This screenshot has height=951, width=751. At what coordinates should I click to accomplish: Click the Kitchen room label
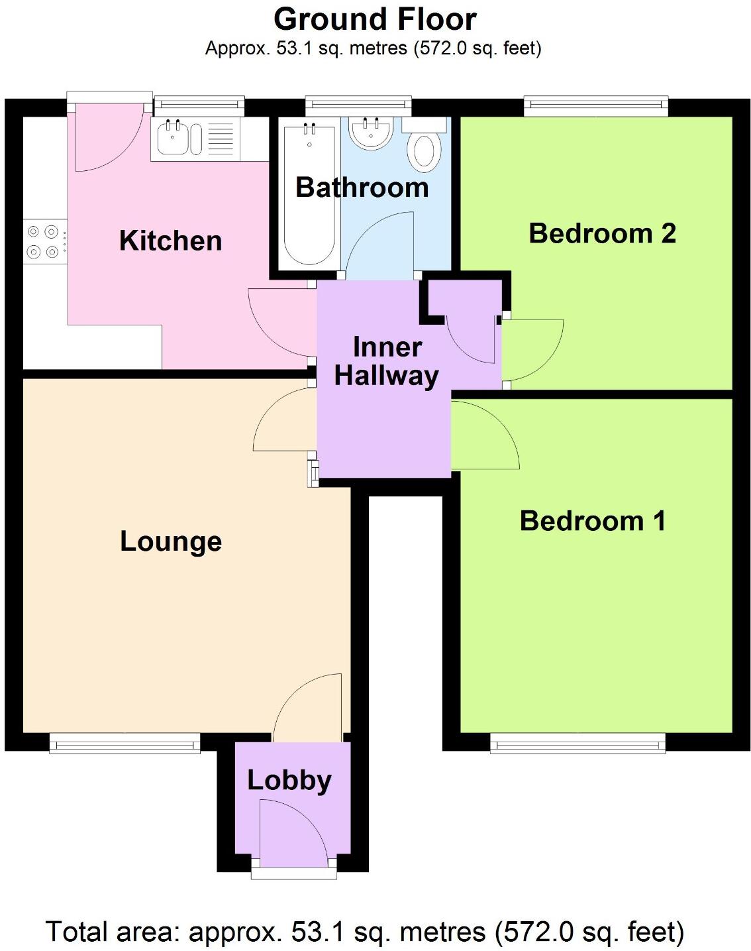(170, 241)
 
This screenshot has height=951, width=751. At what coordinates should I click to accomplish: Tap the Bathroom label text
(362, 188)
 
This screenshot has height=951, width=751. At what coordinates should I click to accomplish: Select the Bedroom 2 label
(602, 233)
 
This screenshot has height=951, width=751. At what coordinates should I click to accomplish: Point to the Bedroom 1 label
(592, 521)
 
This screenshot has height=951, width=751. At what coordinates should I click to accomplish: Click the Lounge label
(170, 541)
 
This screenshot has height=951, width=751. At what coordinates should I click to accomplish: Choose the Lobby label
(289, 780)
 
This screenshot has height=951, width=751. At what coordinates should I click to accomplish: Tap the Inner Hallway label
(386, 362)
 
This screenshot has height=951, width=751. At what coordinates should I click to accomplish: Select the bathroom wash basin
(371, 133)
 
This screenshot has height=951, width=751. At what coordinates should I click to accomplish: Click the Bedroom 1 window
(577, 743)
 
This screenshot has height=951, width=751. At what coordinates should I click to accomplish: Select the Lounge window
(125, 743)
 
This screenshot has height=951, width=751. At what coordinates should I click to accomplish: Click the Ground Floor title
(375, 19)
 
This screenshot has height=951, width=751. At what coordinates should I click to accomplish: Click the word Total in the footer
(77, 932)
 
